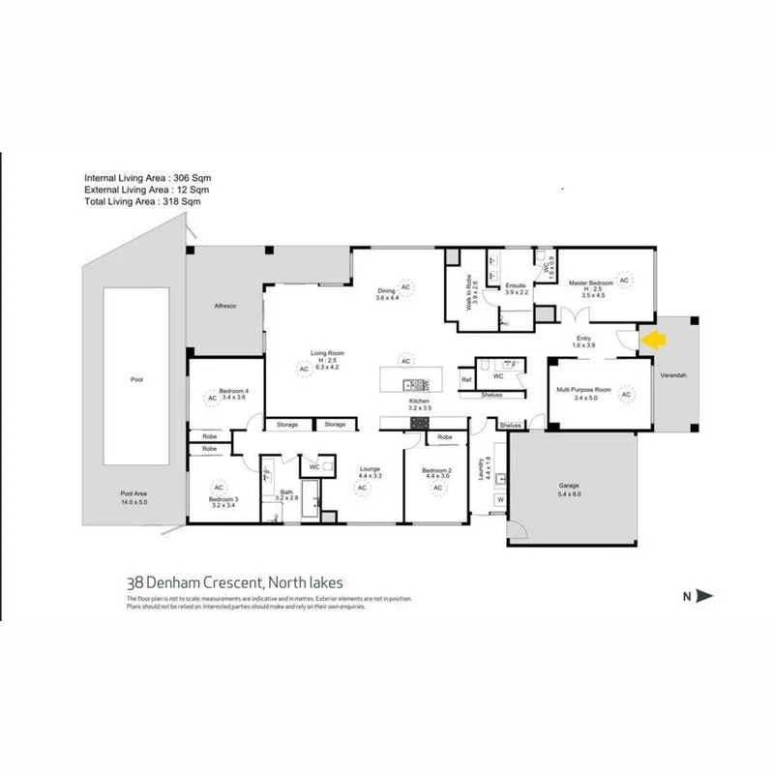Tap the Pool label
pos(136,380)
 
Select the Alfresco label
pos(224,306)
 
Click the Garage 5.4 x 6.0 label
pos(568,490)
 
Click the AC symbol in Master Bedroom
pos(624,280)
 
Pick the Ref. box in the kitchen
pos(465,380)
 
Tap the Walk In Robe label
pos(470,290)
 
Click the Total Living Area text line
pos(142,202)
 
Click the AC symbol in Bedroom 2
pos(437,488)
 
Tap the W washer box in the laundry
pos(500,500)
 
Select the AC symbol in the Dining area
pos(406,288)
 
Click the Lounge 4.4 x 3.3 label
pos(370,473)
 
